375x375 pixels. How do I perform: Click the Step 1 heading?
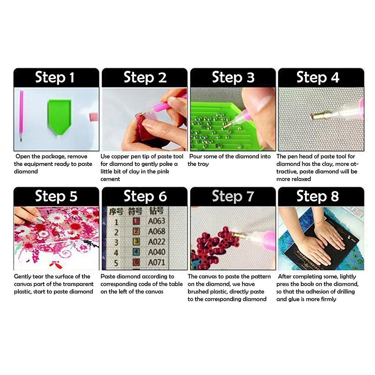click(55, 78)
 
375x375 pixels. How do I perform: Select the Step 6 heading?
click(145, 196)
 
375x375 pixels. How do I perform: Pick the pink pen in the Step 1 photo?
click(21, 114)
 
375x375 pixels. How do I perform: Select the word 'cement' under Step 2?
click(110, 179)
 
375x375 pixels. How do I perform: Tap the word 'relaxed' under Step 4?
click(300, 179)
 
